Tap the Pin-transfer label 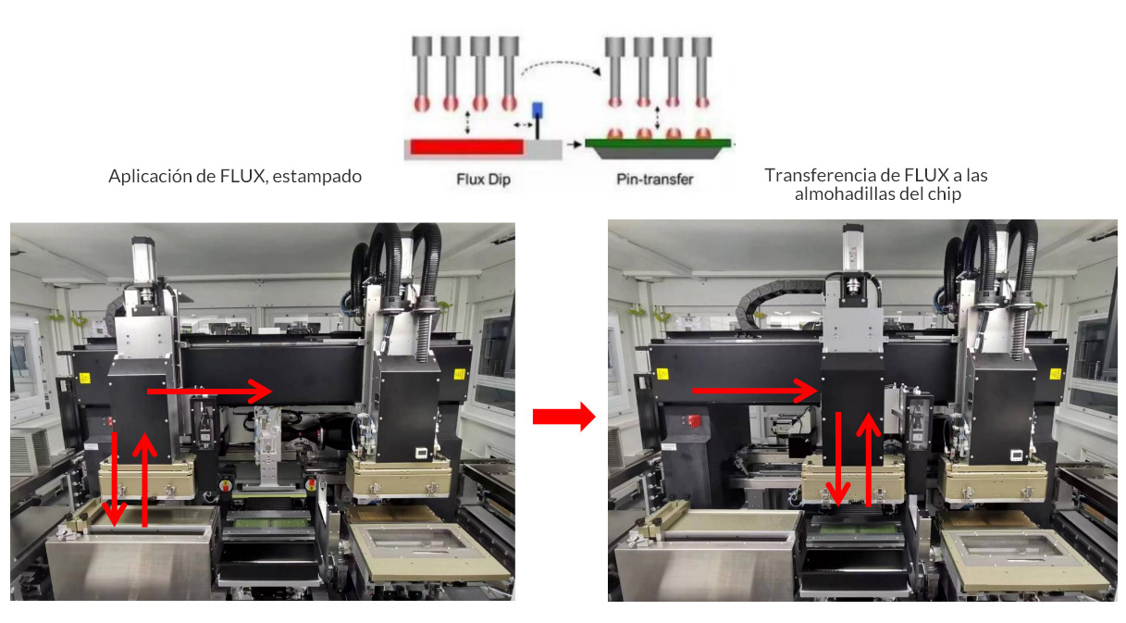(655, 180)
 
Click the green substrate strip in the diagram (660, 143)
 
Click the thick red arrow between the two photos (562, 417)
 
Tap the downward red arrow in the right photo (838, 459)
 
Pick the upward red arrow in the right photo (868, 459)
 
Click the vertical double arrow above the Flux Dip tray (468, 122)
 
